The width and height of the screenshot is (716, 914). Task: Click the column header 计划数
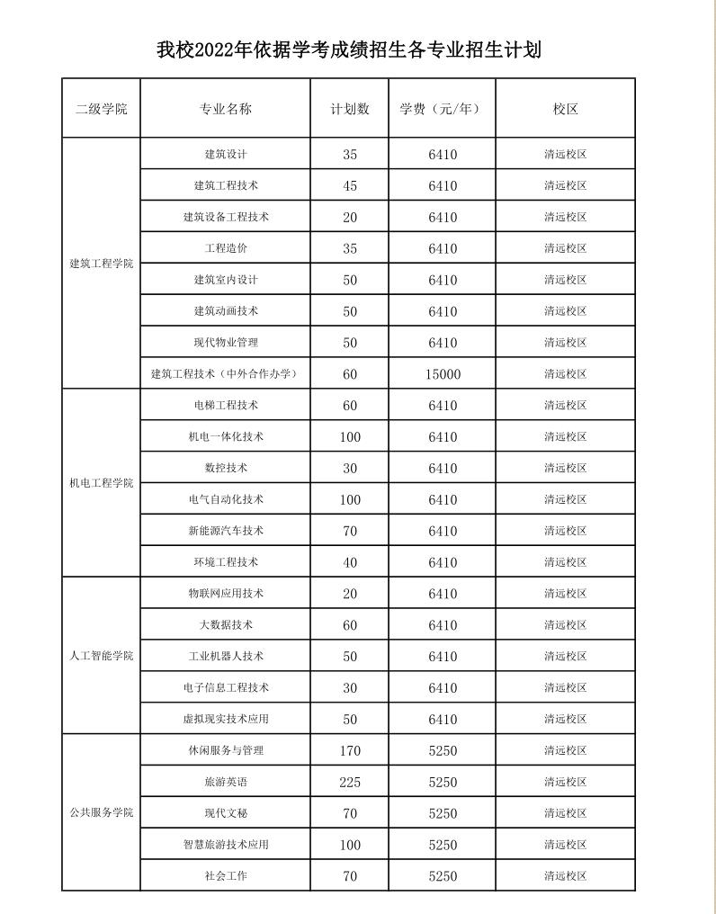click(350, 109)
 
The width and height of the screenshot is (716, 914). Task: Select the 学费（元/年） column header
click(441, 109)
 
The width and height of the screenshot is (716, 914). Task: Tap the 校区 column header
click(565, 109)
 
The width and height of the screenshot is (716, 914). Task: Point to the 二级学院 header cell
click(102, 109)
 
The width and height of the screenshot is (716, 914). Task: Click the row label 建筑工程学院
click(102, 264)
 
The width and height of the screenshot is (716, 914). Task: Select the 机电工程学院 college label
click(102, 483)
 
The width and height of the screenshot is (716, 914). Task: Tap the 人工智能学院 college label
click(102, 655)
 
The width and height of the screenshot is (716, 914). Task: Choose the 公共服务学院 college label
click(102, 812)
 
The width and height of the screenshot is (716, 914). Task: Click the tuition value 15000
click(443, 374)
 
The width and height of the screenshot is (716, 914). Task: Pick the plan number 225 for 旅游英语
click(350, 783)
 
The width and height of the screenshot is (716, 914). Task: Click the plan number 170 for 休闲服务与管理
click(350, 751)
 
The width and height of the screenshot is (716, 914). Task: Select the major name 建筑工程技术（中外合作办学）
click(225, 373)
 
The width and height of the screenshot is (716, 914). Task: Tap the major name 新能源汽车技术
click(226, 531)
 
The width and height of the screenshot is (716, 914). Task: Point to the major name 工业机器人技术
click(226, 656)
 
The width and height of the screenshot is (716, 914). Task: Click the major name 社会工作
click(226, 875)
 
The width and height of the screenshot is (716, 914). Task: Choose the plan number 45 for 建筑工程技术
click(350, 186)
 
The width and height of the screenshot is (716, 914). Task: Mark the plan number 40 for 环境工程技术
click(350, 562)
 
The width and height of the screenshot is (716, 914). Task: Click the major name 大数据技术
click(226, 624)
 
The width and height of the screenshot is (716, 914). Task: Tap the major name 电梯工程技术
click(226, 405)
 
